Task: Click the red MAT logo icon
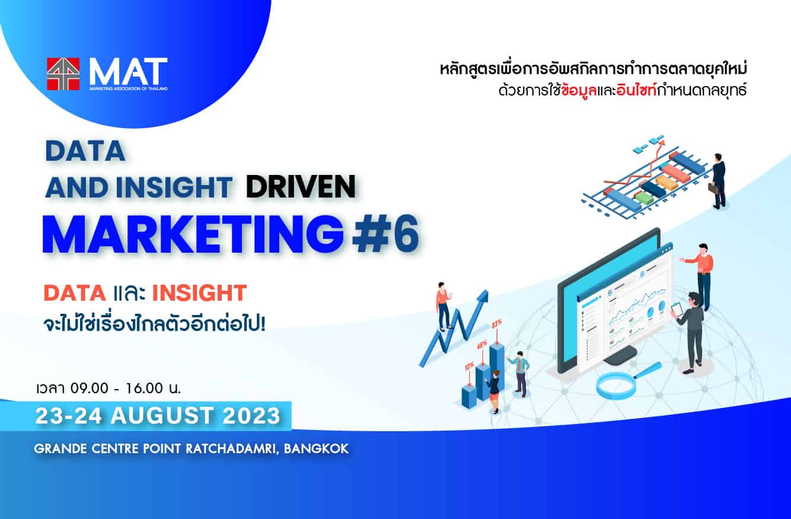63,74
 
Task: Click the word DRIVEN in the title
300,187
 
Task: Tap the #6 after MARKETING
385,234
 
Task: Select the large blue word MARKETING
193,234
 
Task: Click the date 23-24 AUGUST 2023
157,415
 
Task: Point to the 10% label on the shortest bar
469,367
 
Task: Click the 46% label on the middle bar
482,343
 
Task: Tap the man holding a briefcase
717,181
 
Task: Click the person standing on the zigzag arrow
443,305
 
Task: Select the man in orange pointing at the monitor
702,273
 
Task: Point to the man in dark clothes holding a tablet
691,329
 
